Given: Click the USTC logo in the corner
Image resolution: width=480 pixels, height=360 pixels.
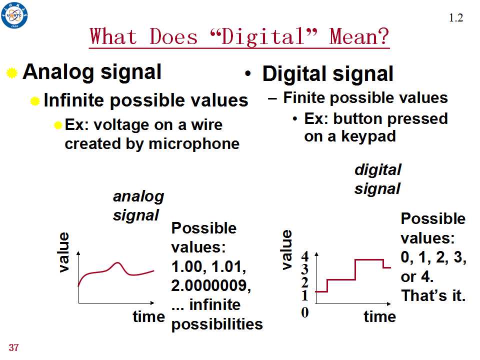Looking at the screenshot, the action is point(14,15).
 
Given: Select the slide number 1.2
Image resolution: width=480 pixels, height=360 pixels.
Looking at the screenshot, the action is point(456,18).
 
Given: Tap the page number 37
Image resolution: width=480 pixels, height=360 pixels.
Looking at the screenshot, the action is point(14,347).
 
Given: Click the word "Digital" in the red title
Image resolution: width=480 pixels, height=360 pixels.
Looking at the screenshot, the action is point(263,36).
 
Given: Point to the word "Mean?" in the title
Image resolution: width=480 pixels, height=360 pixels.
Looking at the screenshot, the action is point(359,36).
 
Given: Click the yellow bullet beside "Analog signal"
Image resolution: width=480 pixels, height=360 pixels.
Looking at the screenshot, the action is point(11,73).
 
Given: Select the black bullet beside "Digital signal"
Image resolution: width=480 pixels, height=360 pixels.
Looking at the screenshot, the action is point(248,74).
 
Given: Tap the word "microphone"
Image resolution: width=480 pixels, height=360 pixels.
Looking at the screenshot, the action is point(194,144).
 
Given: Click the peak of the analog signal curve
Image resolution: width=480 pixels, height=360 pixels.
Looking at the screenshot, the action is point(117,262).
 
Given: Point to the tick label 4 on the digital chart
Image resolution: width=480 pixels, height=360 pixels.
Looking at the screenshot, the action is point(304,256).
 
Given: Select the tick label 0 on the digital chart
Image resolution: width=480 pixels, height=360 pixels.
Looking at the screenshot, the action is point(304,312).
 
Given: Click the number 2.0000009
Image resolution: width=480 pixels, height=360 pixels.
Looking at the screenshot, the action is point(211,285).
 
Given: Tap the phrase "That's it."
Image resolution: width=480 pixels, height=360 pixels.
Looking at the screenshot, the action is point(433,295).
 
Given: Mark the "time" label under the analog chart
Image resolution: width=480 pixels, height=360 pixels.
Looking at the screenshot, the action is point(149,316).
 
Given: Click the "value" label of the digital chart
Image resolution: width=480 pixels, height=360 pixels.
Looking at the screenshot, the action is point(286,250).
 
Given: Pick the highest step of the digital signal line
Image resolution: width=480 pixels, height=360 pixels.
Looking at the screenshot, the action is point(369,259).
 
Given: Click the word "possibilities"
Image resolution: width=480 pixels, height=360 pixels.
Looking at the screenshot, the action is point(217,324).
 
